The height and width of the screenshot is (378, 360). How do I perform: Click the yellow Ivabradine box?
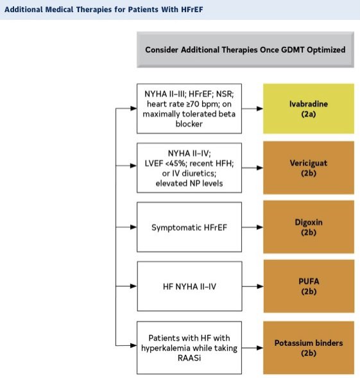[x=309, y=108]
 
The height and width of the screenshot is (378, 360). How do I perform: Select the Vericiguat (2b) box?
[x=309, y=168]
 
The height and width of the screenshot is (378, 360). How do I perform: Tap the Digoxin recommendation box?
[x=309, y=227]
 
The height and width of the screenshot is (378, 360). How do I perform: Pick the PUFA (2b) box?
[x=309, y=286]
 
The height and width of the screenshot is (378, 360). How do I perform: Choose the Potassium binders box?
[x=309, y=348]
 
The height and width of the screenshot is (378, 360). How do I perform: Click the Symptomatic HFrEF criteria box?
[x=189, y=227]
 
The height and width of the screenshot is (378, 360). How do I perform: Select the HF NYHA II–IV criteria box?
[x=189, y=286]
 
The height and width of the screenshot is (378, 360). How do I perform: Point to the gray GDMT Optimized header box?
[x=246, y=49]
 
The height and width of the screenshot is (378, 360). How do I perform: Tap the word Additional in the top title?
[x=24, y=10]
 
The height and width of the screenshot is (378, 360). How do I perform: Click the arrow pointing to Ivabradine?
[x=252, y=108]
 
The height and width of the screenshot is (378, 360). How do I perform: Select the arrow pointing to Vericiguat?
[x=252, y=168]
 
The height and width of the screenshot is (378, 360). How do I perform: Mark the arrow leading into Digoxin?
[x=252, y=227]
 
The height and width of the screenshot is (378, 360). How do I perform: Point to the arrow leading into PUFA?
[x=253, y=286]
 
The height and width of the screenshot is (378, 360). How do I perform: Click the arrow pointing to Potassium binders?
[x=252, y=348]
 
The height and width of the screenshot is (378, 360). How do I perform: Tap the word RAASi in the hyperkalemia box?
[x=189, y=358]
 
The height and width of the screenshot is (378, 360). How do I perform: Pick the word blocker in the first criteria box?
[x=189, y=124]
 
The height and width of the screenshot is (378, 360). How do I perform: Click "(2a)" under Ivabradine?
[x=309, y=114]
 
